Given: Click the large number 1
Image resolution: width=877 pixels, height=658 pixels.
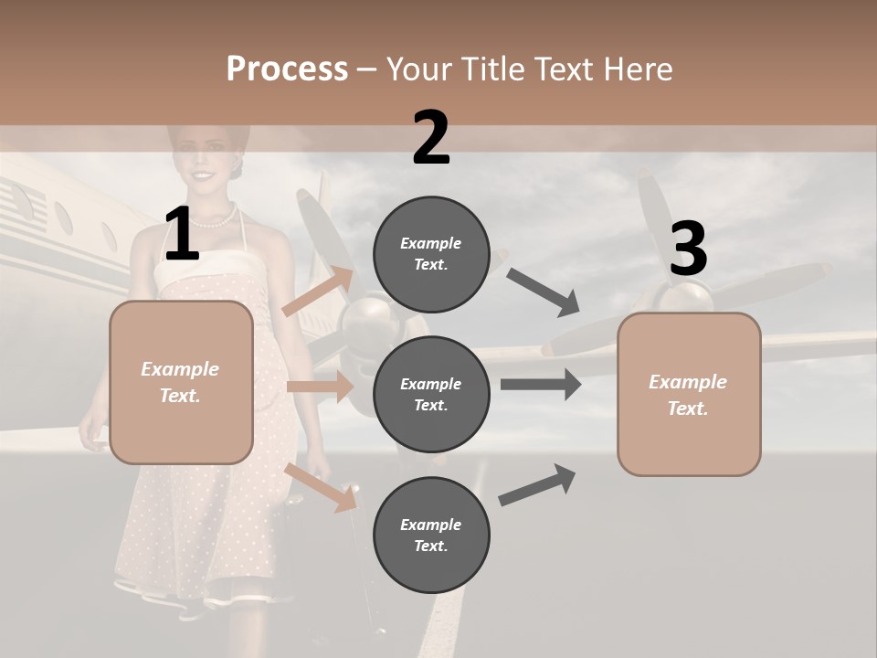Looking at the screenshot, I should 182,234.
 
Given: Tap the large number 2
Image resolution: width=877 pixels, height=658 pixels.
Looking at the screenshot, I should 431,138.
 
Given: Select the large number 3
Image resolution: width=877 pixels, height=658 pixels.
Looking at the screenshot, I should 688,249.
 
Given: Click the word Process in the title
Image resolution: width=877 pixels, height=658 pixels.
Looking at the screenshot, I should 287,69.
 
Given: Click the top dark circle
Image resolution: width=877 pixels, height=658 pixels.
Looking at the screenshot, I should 431,254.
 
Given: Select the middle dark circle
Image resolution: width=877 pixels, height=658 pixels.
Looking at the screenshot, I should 431,395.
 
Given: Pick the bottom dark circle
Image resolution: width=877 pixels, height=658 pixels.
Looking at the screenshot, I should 431,535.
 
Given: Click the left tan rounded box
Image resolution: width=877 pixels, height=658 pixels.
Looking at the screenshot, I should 181,382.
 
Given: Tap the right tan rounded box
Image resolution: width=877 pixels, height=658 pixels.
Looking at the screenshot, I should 689,395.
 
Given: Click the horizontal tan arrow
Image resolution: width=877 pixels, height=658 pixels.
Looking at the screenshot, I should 321,387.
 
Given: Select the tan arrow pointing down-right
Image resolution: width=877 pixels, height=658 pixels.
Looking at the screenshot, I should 322,487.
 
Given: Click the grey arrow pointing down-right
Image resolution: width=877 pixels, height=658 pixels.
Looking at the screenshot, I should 543,292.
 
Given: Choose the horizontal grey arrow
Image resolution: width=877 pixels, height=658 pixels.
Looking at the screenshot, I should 541,385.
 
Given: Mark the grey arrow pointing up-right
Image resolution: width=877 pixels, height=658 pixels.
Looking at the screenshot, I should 538,484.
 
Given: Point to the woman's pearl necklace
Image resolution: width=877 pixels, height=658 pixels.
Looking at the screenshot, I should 216,219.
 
